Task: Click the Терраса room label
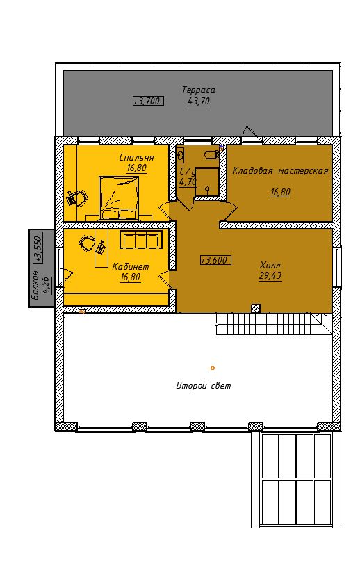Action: tap(199, 90)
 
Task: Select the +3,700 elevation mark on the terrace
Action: tap(148, 102)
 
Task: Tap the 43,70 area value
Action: tap(199, 102)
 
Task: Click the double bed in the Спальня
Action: tap(119, 198)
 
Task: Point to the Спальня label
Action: tap(136, 157)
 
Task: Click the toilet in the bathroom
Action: tap(212, 155)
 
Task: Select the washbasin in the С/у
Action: tap(180, 155)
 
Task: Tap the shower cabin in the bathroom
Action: tap(207, 182)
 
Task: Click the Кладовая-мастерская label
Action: tap(280, 171)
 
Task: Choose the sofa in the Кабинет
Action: tap(141, 240)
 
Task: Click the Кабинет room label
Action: tap(131, 266)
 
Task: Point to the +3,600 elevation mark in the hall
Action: tap(215, 261)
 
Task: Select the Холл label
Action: tap(270, 265)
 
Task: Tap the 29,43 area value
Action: tap(270, 276)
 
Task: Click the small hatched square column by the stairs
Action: tap(256, 309)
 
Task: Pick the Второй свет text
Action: tap(204, 385)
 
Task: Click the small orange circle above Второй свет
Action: tap(213, 368)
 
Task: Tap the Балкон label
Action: tap(35, 285)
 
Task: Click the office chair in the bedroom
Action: tap(77, 197)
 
